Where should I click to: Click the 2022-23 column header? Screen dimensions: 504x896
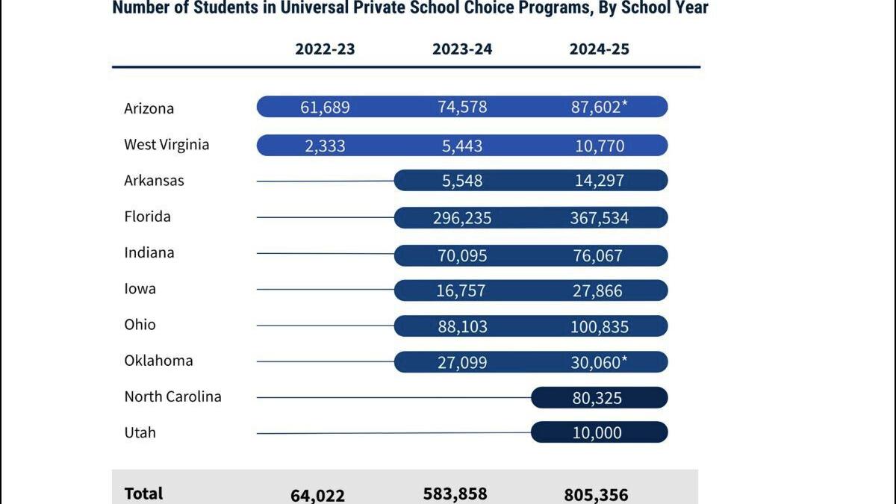click(x=325, y=49)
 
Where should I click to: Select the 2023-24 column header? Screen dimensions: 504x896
click(x=462, y=49)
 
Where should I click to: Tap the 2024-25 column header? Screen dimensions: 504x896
click(x=599, y=49)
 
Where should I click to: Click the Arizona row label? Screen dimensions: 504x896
click(x=149, y=108)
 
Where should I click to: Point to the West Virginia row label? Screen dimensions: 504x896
click(x=167, y=144)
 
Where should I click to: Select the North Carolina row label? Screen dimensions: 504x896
click(x=172, y=396)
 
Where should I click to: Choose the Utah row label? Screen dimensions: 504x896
click(x=140, y=432)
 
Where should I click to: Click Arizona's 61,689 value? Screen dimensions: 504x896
click(x=325, y=107)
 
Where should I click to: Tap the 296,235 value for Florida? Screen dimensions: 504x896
click(x=462, y=218)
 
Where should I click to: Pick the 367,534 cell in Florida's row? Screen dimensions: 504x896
click(x=599, y=218)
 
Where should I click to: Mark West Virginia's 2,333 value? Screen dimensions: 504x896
click(x=325, y=146)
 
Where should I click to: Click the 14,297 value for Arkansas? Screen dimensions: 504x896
click(x=599, y=181)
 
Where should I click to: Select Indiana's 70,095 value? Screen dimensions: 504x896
click(x=462, y=256)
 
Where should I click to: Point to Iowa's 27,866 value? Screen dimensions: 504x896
click(x=597, y=291)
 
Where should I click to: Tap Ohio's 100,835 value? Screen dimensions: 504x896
click(x=599, y=327)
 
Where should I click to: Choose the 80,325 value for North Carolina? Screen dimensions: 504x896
click(x=597, y=399)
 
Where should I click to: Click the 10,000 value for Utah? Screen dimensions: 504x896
click(x=597, y=433)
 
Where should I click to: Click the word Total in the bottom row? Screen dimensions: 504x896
click(x=143, y=493)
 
